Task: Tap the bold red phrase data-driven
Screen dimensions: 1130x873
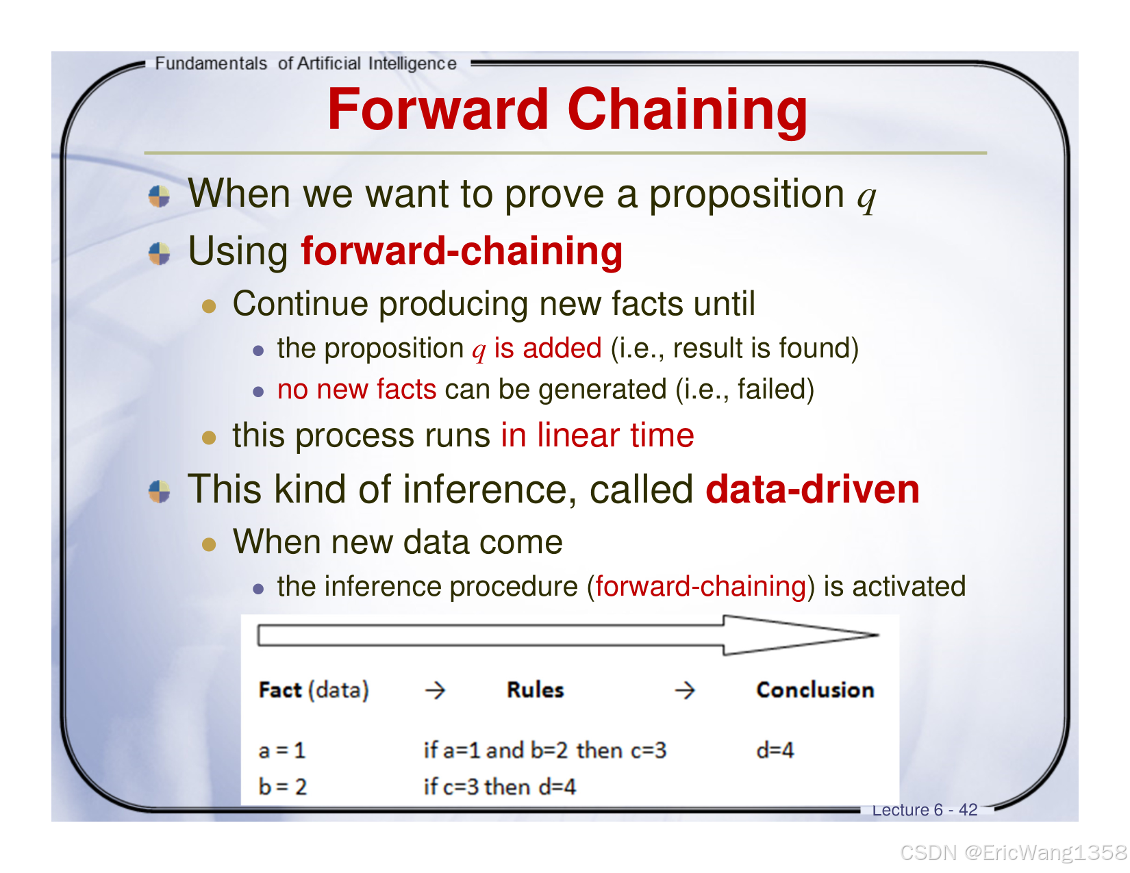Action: click(812, 490)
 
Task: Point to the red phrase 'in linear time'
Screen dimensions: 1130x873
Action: click(597, 435)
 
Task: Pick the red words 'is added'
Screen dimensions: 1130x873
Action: click(547, 348)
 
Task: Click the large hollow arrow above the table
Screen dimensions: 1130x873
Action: click(568, 635)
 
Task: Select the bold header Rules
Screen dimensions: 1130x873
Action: click(535, 690)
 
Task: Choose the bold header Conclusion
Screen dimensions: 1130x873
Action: click(815, 690)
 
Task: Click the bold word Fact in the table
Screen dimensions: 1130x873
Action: click(280, 690)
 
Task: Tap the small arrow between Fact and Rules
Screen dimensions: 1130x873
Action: click(435, 690)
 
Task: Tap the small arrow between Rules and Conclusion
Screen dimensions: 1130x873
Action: click(684, 690)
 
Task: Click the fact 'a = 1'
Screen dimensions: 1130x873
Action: click(282, 750)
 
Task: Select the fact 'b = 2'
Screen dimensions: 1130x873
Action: click(282, 787)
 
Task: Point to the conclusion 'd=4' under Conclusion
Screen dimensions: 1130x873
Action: click(775, 750)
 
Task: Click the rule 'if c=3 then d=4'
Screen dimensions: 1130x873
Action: click(500, 787)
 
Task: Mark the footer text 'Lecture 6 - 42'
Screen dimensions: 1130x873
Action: click(925, 809)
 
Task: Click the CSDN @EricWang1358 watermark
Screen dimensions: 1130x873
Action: click(1014, 852)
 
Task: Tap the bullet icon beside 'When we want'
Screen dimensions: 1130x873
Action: click(159, 197)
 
